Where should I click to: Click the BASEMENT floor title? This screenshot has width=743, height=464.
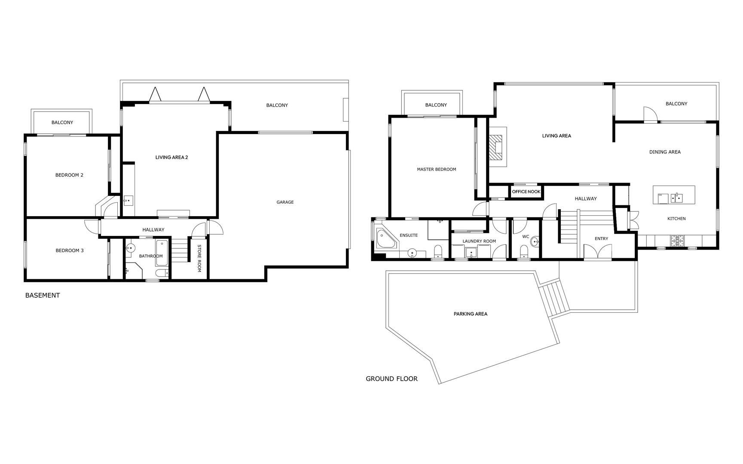click(x=43, y=295)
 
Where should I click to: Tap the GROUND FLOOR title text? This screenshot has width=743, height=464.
click(x=391, y=379)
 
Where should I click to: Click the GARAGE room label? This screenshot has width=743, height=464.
click(x=285, y=202)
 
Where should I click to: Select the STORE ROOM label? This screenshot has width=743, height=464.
click(x=199, y=258)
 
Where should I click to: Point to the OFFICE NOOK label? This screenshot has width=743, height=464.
click(x=526, y=192)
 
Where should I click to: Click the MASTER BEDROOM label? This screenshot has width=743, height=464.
click(x=436, y=169)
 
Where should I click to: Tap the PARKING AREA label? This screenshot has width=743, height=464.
click(x=470, y=314)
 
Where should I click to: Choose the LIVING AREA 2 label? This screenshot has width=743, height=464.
click(x=171, y=157)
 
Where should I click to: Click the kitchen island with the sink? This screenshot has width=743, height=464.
click(x=673, y=195)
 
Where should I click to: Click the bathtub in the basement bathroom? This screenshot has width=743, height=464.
click(x=162, y=253)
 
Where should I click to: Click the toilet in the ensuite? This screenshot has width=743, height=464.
click(x=438, y=251)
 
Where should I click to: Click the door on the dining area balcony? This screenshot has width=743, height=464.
click(x=651, y=114)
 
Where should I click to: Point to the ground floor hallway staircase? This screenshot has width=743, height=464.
click(x=567, y=226)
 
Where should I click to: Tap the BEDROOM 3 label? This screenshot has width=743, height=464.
click(x=70, y=250)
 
